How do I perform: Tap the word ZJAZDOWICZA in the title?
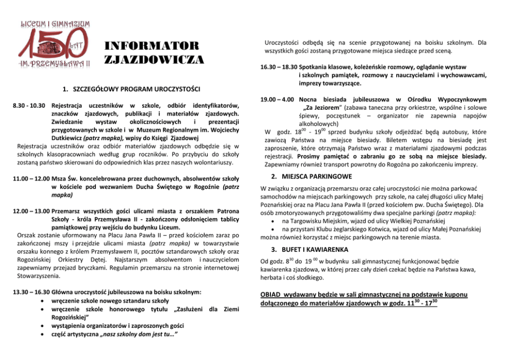154,59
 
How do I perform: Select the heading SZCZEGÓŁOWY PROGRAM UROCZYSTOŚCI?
131,88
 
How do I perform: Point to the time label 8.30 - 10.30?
29,106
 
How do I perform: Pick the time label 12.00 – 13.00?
29,212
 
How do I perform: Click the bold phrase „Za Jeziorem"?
322,108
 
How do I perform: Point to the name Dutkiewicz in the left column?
70,137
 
